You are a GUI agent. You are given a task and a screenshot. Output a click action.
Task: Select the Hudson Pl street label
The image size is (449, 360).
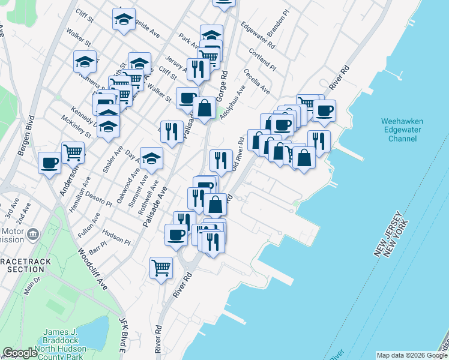tap(116, 236)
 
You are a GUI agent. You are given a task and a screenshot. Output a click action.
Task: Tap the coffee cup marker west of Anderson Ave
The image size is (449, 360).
tap(49, 162)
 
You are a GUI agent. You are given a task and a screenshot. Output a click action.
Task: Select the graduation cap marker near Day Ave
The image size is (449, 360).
tap(151, 158)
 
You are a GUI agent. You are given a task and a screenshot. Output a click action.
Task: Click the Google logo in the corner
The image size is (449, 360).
tap(20, 353)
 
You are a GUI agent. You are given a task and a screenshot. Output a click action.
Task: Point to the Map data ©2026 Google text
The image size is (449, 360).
tap(411, 355)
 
